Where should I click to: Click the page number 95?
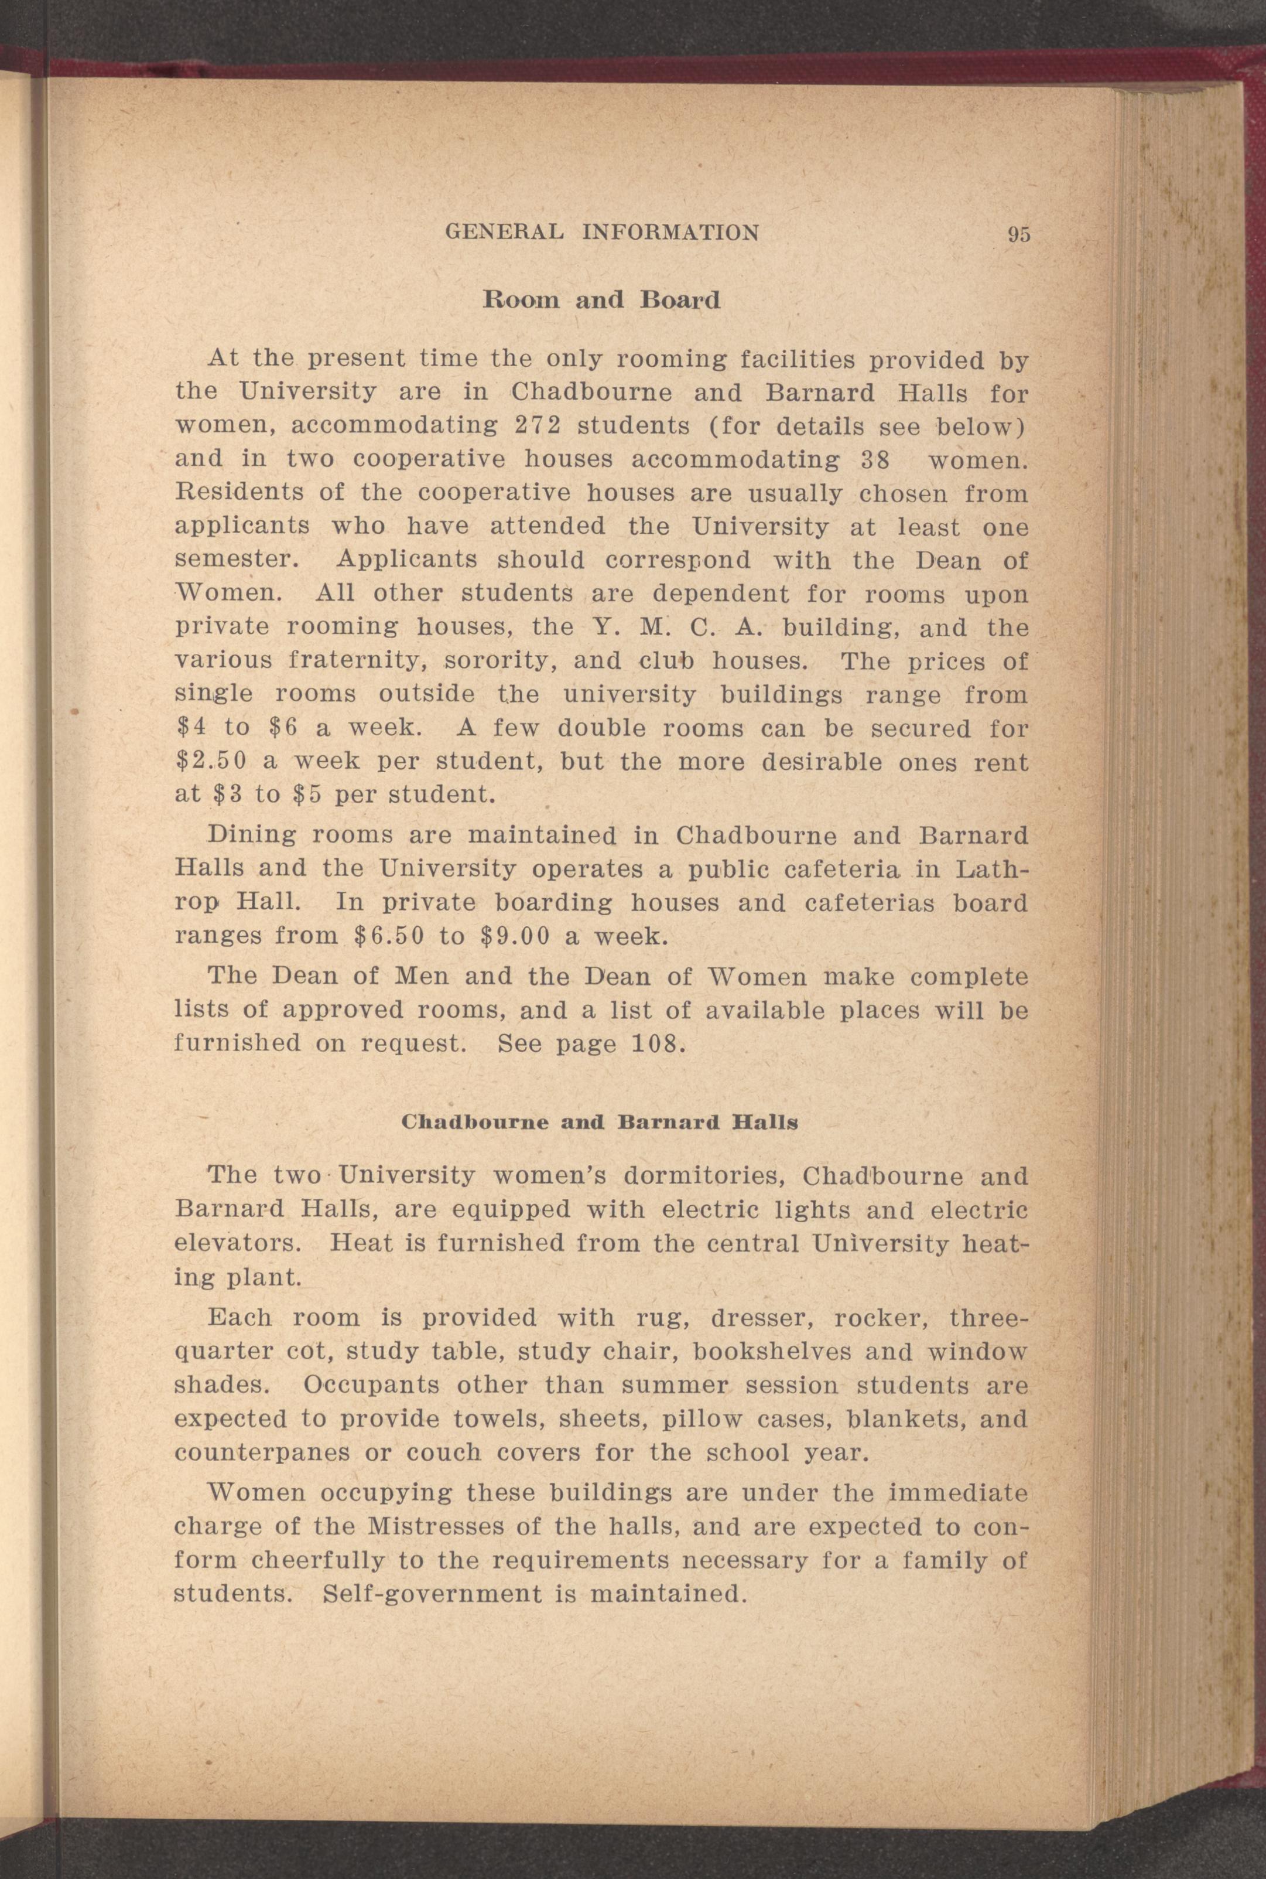click(1019, 234)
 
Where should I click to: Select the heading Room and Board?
click(601, 301)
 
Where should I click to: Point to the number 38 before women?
click(874, 460)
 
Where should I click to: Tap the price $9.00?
click(514, 936)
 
